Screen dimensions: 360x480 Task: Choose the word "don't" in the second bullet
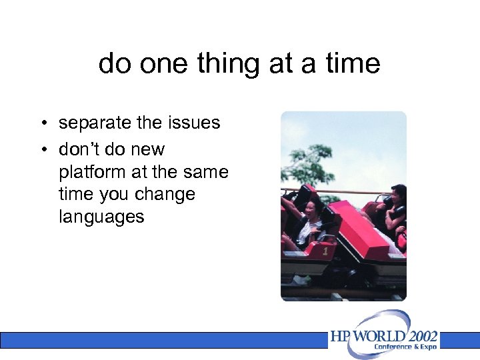click(84, 149)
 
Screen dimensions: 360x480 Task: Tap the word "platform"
click(93, 172)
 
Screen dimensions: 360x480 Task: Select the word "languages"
click(101, 217)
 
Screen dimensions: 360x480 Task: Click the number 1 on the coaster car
click(325, 252)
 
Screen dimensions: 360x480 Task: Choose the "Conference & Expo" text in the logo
click(406, 347)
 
